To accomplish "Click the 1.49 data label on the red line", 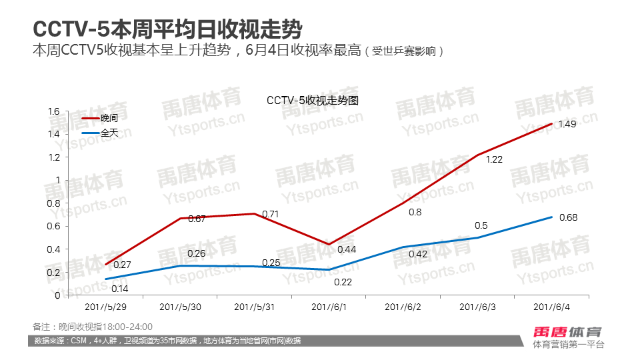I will coord(567,125).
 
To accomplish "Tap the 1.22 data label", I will coord(494,160).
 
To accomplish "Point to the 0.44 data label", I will coord(346,249).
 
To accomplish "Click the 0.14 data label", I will coord(120,288).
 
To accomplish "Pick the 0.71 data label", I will coord(270,214).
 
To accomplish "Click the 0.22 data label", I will coord(343,282).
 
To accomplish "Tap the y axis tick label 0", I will coord(58,295).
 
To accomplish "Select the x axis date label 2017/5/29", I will coord(107,307).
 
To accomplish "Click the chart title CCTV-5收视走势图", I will coord(313,101).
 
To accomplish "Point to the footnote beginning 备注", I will coord(93,327).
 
